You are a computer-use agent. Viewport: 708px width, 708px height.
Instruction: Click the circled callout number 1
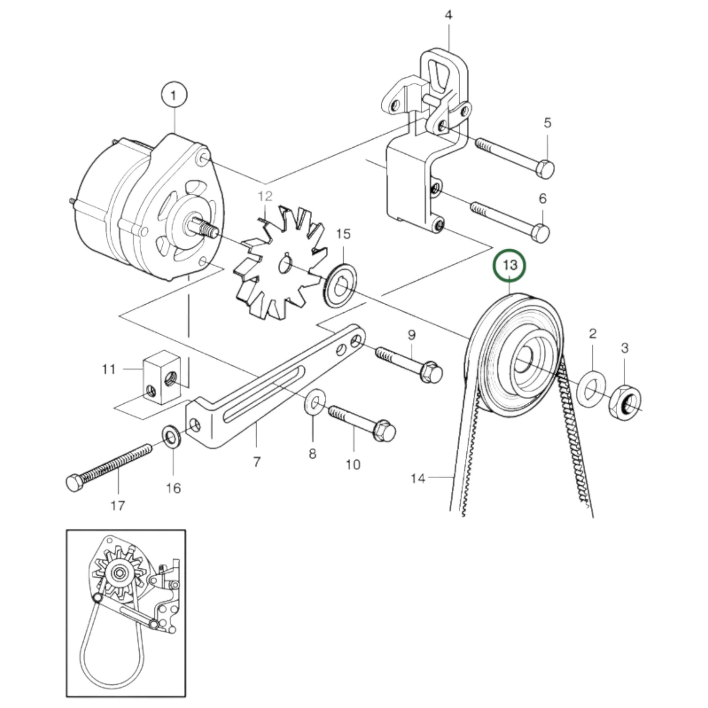173,96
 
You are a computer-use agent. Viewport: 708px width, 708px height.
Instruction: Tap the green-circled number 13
510,266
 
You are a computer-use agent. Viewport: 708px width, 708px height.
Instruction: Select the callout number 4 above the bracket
448,15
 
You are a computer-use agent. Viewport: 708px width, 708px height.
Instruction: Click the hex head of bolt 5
546,169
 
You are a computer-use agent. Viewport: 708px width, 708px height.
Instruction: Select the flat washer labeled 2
592,390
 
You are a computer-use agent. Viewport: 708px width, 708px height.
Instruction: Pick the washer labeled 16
171,435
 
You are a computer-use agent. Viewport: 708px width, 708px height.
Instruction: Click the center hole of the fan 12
284,265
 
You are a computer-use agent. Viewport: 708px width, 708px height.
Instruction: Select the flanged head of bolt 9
431,372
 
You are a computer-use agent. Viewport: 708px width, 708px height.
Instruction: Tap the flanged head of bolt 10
384,431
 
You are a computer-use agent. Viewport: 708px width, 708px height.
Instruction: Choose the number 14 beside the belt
417,478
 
